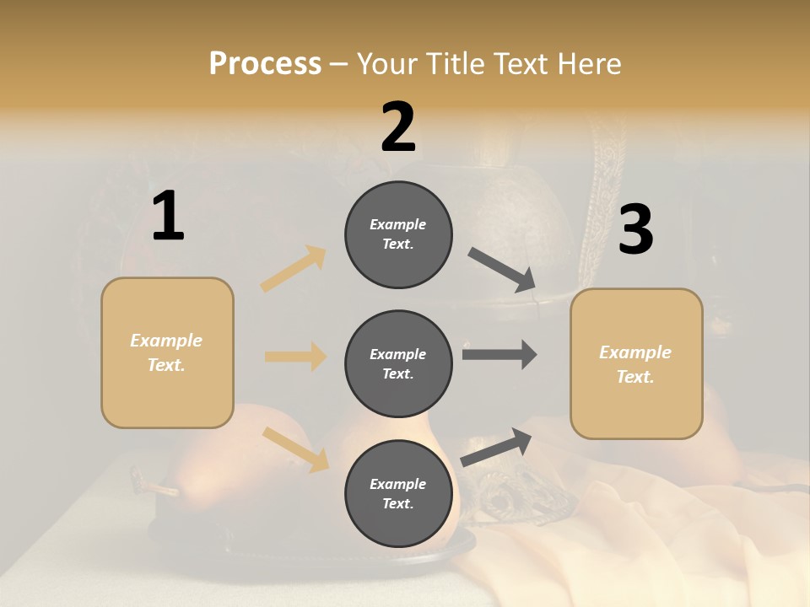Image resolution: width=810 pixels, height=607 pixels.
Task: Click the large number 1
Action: pos(168,217)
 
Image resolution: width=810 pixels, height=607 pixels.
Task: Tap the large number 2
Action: pos(398,128)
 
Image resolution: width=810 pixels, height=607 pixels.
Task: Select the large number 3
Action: pos(635,229)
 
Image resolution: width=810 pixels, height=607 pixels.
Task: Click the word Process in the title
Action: pos(265,63)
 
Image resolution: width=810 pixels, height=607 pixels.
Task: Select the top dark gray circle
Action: pos(398,234)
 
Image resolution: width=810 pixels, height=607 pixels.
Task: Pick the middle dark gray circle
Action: pos(398,363)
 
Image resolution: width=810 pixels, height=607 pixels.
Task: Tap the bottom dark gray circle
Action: pos(398,493)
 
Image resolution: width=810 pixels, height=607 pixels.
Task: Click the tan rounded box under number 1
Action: pos(167,352)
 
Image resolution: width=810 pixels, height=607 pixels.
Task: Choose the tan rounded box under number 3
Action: pos(636,363)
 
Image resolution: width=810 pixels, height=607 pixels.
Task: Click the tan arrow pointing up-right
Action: pos(294,268)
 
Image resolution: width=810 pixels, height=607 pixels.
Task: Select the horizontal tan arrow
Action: pos(295,357)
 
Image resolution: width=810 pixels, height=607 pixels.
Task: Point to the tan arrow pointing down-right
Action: pos(296,449)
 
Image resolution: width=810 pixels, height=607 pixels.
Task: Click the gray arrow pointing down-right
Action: pos(503,269)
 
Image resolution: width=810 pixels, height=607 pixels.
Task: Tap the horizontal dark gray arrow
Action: pos(499,354)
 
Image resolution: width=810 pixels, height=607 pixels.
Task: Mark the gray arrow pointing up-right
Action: pos(496,447)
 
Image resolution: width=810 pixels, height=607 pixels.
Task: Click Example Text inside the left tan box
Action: pos(166,352)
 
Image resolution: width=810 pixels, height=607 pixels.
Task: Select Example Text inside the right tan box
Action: pos(635,364)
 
